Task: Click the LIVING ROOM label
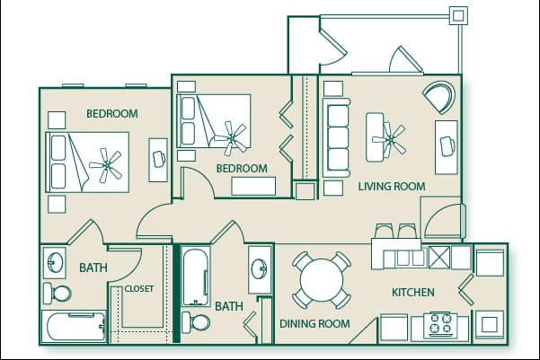[x=391, y=186]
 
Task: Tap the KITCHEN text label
[x=412, y=293]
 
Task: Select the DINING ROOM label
[x=314, y=324]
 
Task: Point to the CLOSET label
[x=138, y=289]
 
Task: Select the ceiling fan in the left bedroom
[x=110, y=163]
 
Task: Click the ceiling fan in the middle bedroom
[x=235, y=137]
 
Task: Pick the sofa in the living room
[x=337, y=139]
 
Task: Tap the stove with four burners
[x=441, y=325]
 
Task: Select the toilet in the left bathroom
[x=59, y=293]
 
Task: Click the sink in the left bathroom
[x=55, y=263]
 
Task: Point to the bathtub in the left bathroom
[x=73, y=324]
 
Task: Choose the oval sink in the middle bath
[x=260, y=268]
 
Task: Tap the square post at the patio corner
[x=458, y=15]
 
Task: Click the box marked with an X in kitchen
[x=438, y=258]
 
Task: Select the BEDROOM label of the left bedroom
[x=111, y=114]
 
